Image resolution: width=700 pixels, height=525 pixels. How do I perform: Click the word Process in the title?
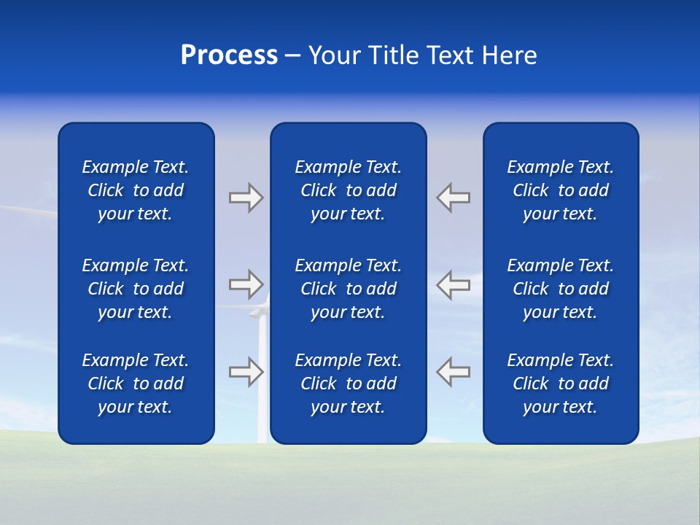[x=229, y=55]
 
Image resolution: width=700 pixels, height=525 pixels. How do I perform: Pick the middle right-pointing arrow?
[x=246, y=284]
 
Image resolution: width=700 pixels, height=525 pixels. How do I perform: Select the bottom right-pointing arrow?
[x=246, y=371]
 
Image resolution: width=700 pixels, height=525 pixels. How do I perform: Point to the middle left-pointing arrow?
[x=454, y=284]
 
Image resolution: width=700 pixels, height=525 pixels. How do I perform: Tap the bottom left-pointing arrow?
[x=454, y=371]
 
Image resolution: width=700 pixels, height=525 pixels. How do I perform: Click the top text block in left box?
[x=136, y=190]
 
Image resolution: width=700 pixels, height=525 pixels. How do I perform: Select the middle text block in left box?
[x=136, y=289]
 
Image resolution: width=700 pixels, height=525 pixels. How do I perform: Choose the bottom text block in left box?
[x=136, y=384]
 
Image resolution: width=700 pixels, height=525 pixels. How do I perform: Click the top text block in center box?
[x=348, y=190]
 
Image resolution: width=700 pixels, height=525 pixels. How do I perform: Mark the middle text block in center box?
[x=348, y=289]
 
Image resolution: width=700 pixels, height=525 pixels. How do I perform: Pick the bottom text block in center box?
[x=348, y=384]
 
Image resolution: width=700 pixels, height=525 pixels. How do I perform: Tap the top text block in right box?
[x=561, y=190]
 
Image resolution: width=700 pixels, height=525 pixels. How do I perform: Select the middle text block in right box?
[x=561, y=289]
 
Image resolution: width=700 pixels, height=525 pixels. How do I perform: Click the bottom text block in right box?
[x=561, y=384]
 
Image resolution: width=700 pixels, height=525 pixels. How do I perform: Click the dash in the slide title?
[x=293, y=56]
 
